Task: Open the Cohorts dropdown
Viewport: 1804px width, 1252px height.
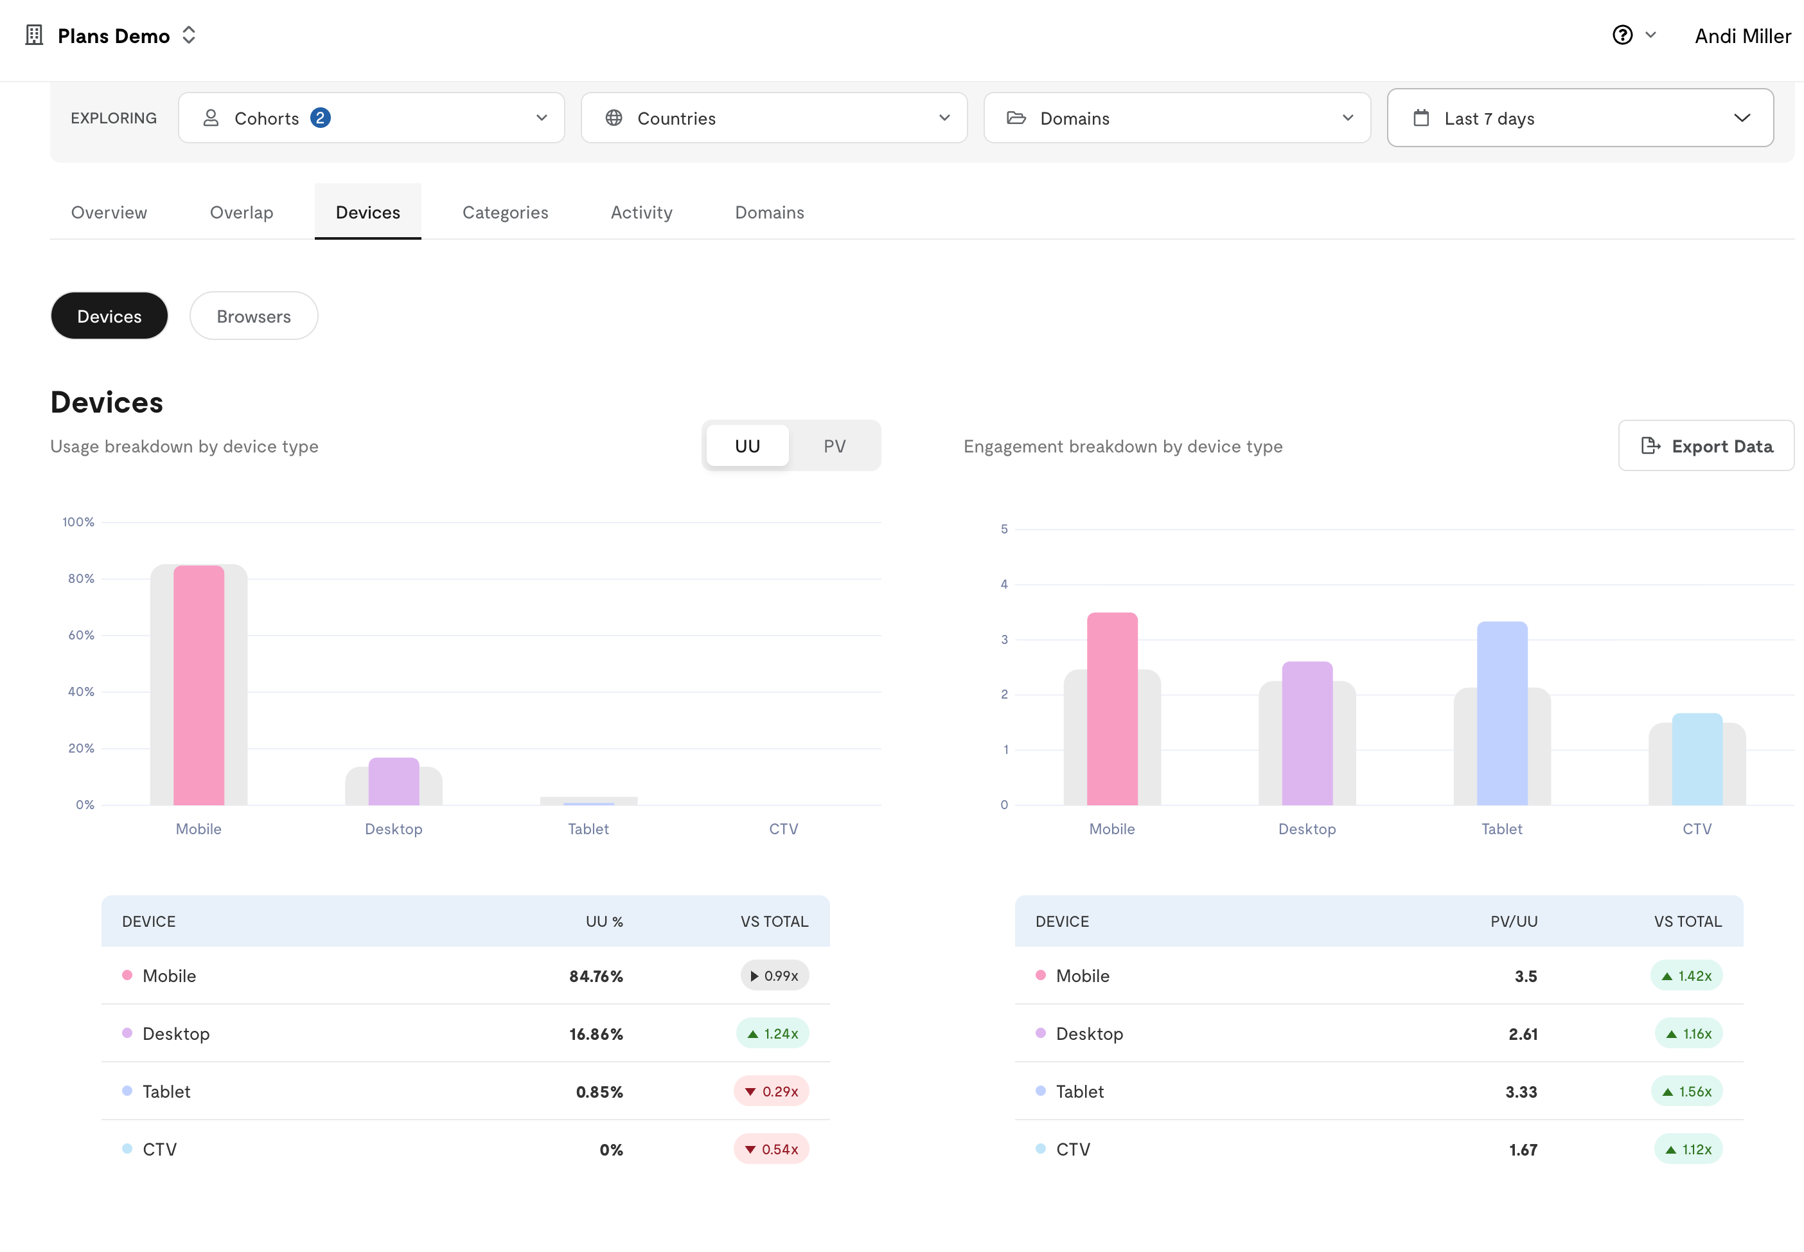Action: (x=371, y=118)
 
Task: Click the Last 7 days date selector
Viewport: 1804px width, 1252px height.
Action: (x=1580, y=118)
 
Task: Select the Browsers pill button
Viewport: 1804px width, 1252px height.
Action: (x=253, y=316)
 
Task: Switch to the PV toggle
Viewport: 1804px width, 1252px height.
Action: (x=834, y=446)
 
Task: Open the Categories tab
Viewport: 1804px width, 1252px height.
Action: (x=505, y=213)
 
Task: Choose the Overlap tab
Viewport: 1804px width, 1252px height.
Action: (x=242, y=213)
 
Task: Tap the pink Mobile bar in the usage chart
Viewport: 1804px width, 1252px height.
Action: (x=199, y=686)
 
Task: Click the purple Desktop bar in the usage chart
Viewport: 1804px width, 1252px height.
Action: (x=394, y=782)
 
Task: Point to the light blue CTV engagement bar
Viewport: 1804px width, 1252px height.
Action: (x=1697, y=759)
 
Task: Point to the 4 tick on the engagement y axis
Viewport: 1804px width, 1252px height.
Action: (x=1004, y=584)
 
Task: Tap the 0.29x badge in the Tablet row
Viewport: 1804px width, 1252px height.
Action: (x=772, y=1091)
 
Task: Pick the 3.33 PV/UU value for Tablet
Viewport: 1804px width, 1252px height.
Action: (x=1521, y=1092)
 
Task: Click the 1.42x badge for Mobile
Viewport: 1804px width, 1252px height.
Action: (x=1686, y=976)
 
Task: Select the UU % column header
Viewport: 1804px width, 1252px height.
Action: (x=605, y=922)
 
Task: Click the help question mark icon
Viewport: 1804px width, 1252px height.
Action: (x=1622, y=35)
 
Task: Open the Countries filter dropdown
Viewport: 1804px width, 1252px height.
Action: (x=774, y=118)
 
